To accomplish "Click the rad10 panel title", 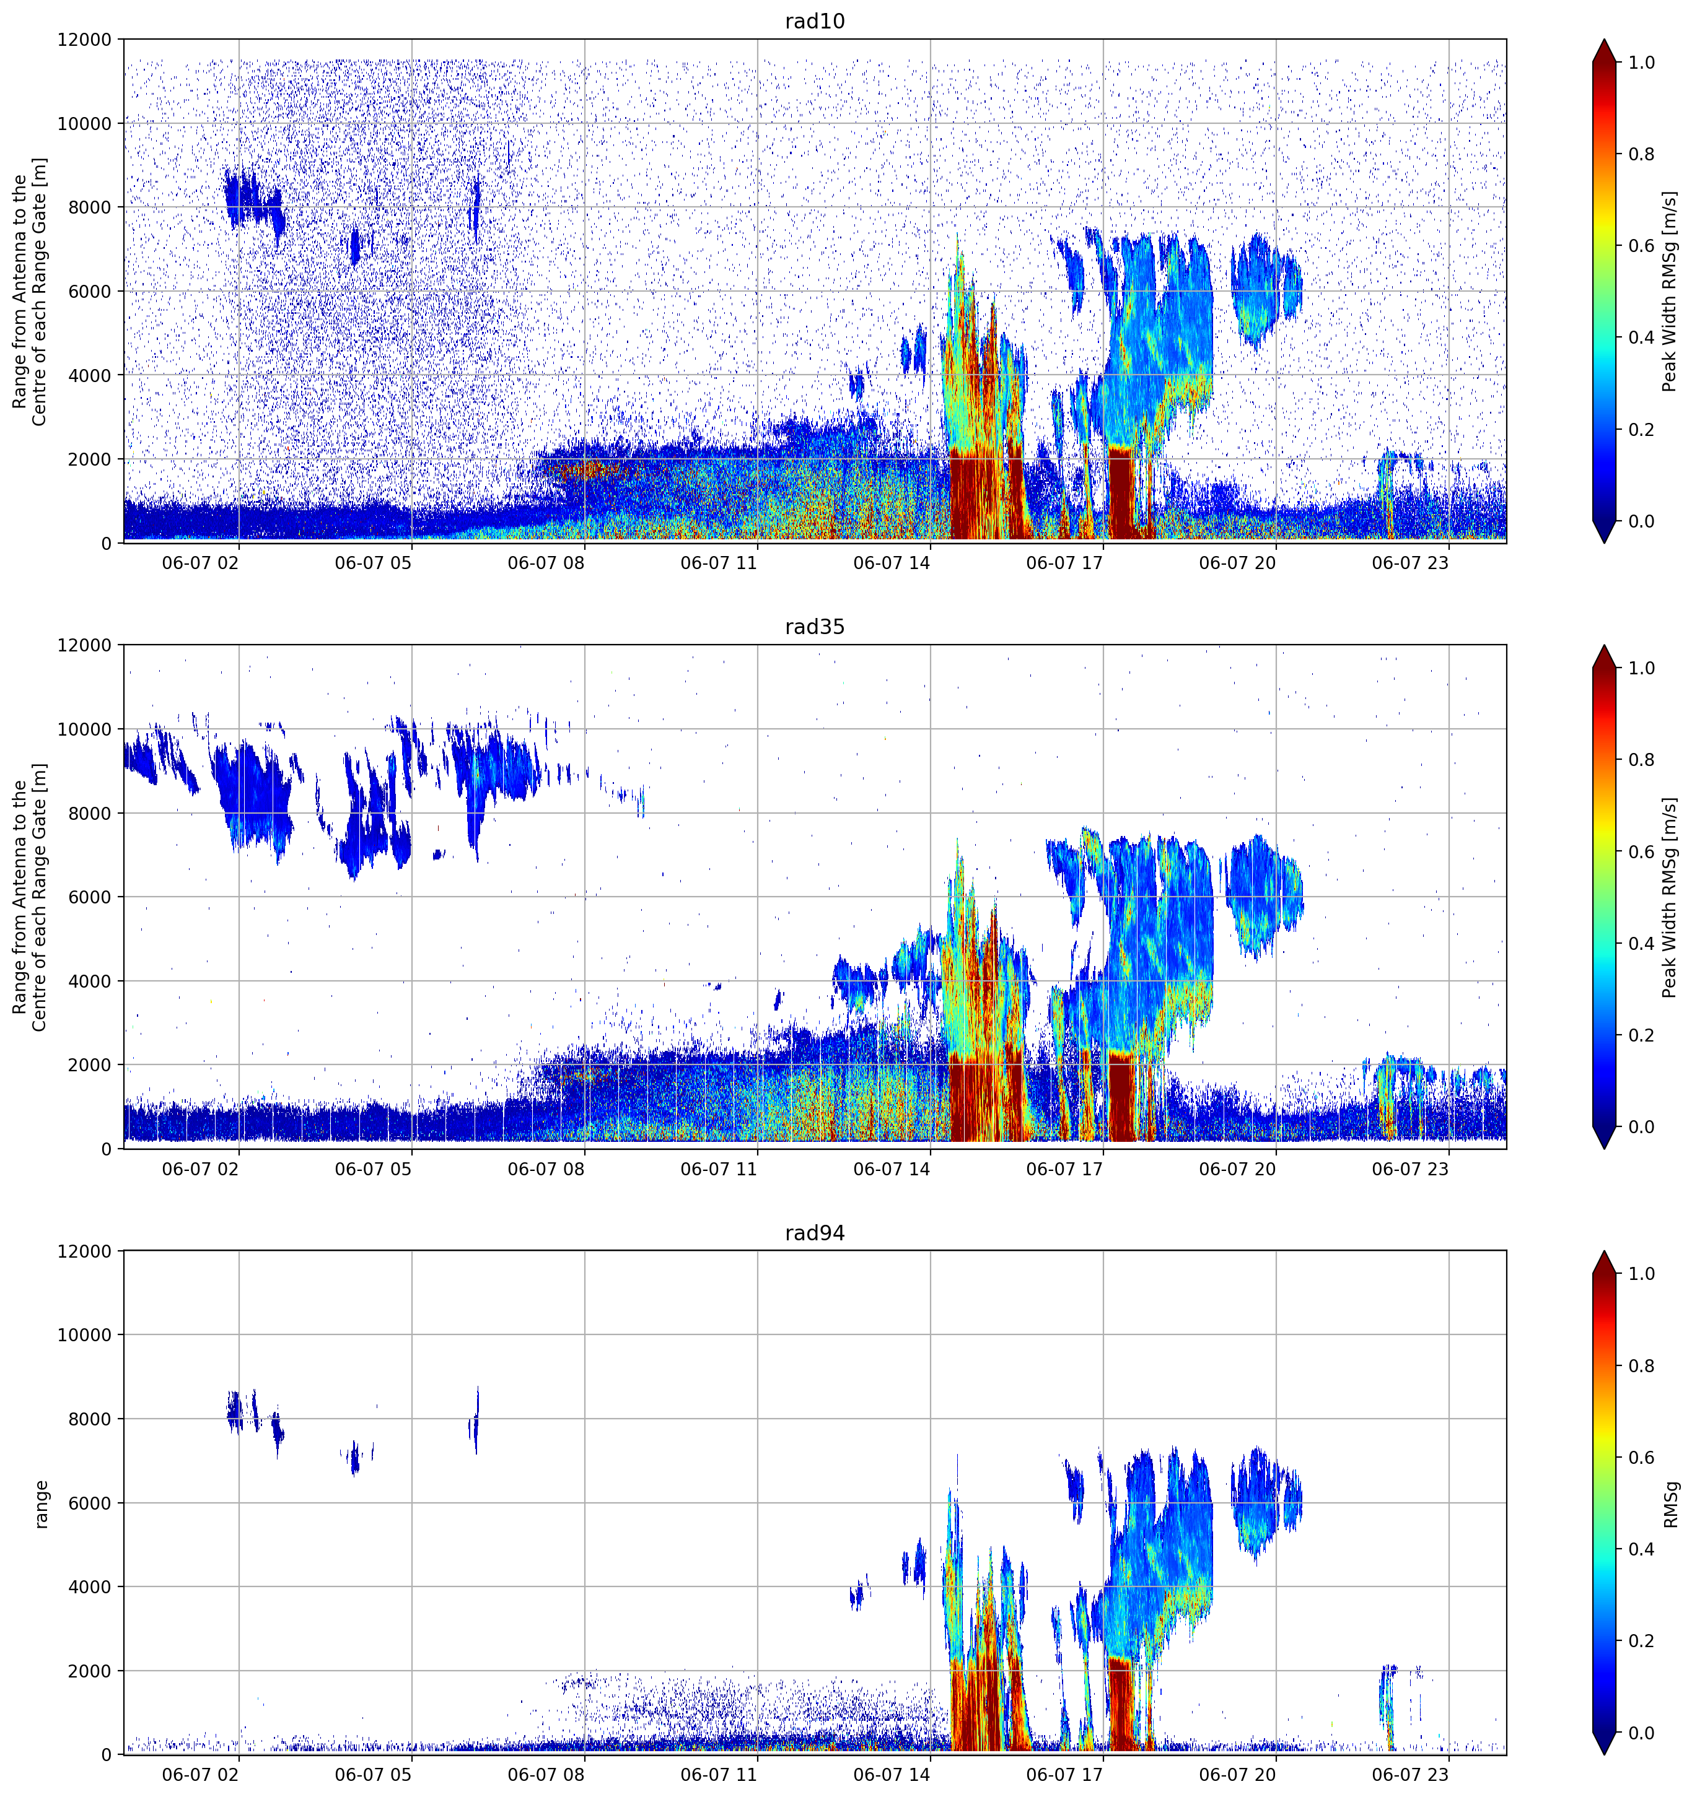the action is [x=814, y=21].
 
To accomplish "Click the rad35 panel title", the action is [x=814, y=627].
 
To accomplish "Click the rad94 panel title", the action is [x=814, y=1232].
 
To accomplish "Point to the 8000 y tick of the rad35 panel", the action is [x=90, y=814].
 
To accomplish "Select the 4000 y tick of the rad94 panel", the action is [x=90, y=1587].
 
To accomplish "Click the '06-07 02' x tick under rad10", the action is [x=200, y=563].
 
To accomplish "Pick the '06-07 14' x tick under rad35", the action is [x=892, y=1168].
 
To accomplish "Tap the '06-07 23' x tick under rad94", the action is [x=1410, y=1775].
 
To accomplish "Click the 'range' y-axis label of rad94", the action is [x=41, y=1504].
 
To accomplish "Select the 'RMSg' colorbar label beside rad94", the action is [x=1670, y=1504].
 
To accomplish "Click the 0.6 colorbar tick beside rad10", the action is [x=1641, y=246].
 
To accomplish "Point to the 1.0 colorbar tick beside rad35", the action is [x=1641, y=668].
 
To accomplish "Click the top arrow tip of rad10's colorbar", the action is [x=1604, y=40].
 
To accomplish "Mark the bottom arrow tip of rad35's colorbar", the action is [x=1604, y=1149].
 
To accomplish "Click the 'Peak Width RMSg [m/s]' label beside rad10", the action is [x=1670, y=291].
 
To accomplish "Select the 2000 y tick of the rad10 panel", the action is [x=90, y=459].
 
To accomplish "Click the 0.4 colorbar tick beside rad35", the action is [x=1641, y=944].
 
